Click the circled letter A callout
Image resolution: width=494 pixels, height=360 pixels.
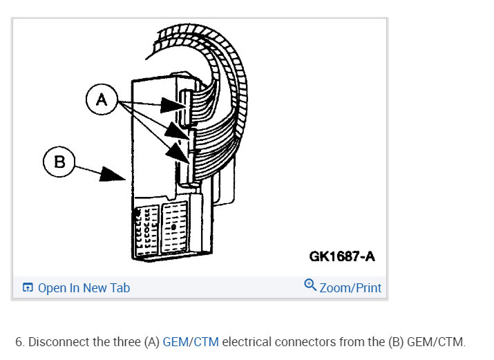click(x=102, y=101)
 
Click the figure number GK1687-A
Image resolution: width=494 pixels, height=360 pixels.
click(x=342, y=257)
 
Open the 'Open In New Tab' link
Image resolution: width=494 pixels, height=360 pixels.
click(x=83, y=288)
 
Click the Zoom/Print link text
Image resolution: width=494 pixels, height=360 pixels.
click(x=350, y=287)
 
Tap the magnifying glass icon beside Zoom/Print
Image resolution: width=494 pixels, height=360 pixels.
click(x=310, y=286)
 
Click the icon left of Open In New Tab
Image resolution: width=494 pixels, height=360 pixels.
click(x=28, y=288)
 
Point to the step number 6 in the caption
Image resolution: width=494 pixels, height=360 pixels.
click(x=19, y=342)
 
